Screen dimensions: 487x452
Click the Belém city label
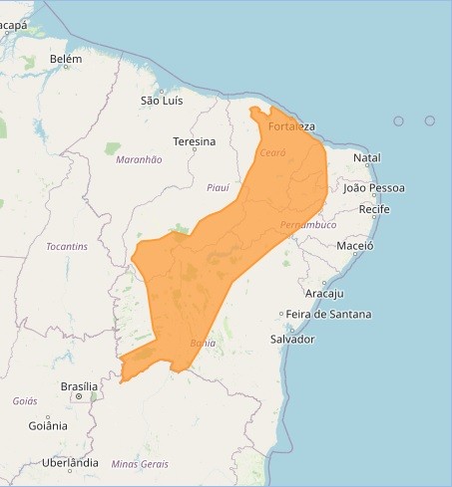click(66, 60)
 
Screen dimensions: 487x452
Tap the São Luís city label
click(162, 101)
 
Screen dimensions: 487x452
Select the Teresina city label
click(194, 141)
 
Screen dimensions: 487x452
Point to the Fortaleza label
click(291, 126)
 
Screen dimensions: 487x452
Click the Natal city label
click(367, 157)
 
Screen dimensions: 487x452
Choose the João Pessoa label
click(373, 187)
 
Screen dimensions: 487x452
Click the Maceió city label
click(355, 245)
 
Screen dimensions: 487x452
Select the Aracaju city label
click(323, 293)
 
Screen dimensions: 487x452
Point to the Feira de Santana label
click(328, 314)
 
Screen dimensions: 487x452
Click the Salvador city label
click(292, 340)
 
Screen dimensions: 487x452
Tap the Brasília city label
click(79, 385)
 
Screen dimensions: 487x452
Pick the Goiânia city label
click(48, 425)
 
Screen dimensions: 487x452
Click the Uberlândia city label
click(70, 463)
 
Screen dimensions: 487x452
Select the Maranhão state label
click(139, 159)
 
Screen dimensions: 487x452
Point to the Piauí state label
click(218, 187)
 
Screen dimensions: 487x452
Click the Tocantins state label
click(67, 246)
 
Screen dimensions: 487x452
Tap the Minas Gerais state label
click(140, 464)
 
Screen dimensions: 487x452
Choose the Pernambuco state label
click(308, 225)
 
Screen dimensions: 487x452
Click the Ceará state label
click(272, 152)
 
